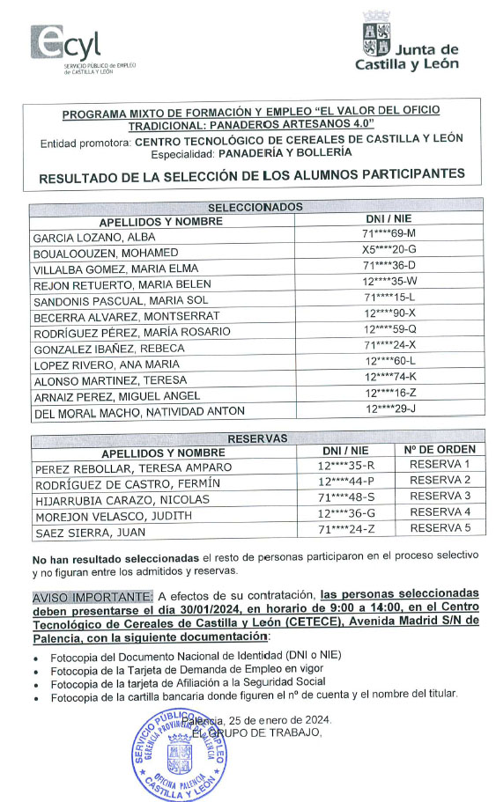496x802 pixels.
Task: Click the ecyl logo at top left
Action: [x=65, y=48]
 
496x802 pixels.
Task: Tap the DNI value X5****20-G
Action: [x=389, y=253]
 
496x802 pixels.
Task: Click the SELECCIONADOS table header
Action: [x=254, y=207]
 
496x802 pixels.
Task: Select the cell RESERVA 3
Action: [x=440, y=497]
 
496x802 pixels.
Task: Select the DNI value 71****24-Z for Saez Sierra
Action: [x=346, y=529]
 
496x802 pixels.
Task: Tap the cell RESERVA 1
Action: [x=440, y=465]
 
